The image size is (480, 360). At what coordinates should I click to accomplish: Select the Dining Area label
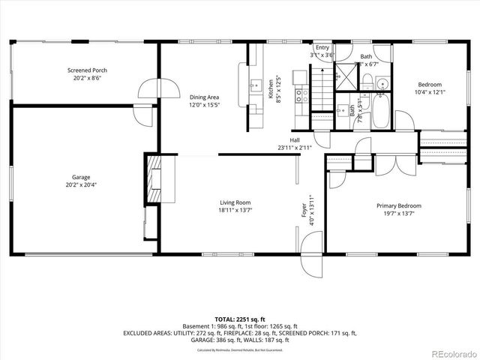coord(204,97)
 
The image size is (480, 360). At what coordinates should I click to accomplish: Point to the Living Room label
coord(235,202)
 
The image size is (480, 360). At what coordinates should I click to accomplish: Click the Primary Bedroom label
coord(398,206)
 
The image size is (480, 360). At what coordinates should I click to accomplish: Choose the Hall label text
coord(295,140)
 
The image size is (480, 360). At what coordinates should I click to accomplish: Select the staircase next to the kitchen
coord(322,88)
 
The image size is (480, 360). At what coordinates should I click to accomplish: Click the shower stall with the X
coord(346,76)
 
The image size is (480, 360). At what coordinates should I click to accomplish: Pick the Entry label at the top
coord(322,48)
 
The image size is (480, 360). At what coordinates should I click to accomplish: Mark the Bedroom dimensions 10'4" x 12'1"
coord(430,92)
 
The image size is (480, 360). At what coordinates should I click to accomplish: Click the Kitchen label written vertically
coord(271,90)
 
